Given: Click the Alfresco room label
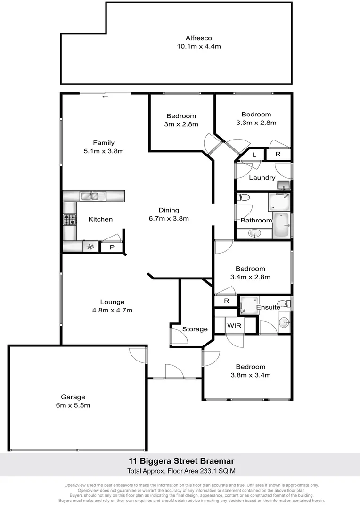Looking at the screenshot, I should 198,38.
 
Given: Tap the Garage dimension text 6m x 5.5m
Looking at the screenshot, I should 73,405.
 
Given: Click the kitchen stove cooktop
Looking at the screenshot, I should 70,220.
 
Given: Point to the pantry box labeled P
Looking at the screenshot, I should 112,247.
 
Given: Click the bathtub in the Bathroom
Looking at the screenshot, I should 282,226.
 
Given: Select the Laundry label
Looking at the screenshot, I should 262,178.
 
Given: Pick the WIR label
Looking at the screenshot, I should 234,326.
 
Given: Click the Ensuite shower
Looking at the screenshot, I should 248,305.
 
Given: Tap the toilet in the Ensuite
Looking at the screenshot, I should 284,303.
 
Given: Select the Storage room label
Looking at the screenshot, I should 195,329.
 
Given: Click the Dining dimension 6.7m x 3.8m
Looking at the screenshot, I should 168,218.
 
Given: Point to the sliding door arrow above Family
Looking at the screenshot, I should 105,97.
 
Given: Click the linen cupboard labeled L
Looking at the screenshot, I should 254,155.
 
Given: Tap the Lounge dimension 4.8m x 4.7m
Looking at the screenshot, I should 112,310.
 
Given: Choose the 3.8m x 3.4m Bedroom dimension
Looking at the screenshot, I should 250,375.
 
